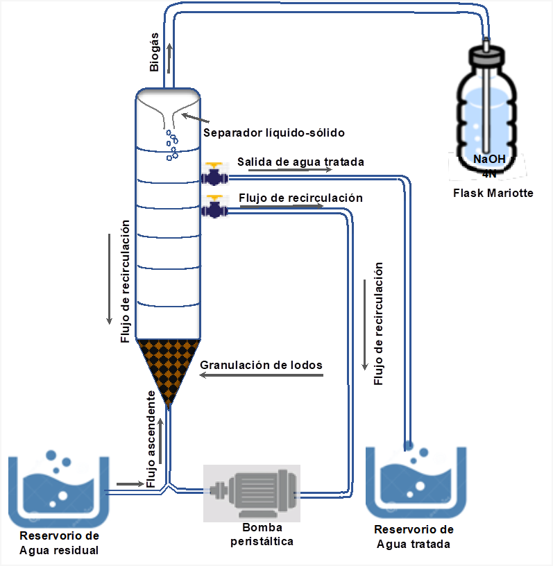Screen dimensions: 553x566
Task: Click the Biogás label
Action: pyautogui.click(x=154, y=52)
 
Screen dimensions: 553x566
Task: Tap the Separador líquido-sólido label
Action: pyautogui.click(x=274, y=133)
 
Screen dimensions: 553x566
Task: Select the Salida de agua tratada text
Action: pyautogui.click(x=300, y=162)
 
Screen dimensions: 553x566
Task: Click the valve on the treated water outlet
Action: pyautogui.click(x=214, y=174)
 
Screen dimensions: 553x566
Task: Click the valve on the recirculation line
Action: pyautogui.click(x=214, y=207)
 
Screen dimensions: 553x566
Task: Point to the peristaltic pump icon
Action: pyautogui.click(x=252, y=493)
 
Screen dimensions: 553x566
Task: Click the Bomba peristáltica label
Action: pyautogui.click(x=262, y=534)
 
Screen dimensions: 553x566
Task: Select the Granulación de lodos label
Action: pyautogui.click(x=261, y=365)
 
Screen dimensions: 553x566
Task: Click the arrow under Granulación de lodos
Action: pyautogui.click(x=261, y=375)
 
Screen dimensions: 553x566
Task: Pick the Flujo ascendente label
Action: pyautogui.click(x=151, y=439)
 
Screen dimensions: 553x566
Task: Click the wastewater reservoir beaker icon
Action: pyautogui.click(x=58, y=488)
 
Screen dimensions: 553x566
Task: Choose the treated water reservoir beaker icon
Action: pyautogui.click(x=416, y=480)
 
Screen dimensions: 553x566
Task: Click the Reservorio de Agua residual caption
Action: pyautogui.click(x=59, y=543)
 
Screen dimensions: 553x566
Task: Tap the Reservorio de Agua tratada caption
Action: pyautogui.click(x=414, y=537)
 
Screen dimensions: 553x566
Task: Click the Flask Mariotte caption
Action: pyautogui.click(x=493, y=193)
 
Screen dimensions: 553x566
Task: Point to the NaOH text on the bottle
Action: pyautogui.click(x=489, y=159)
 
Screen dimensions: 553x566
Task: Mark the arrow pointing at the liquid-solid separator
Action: pyautogui.click(x=195, y=118)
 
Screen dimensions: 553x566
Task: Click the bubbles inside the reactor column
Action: pyautogui.click(x=172, y=145)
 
